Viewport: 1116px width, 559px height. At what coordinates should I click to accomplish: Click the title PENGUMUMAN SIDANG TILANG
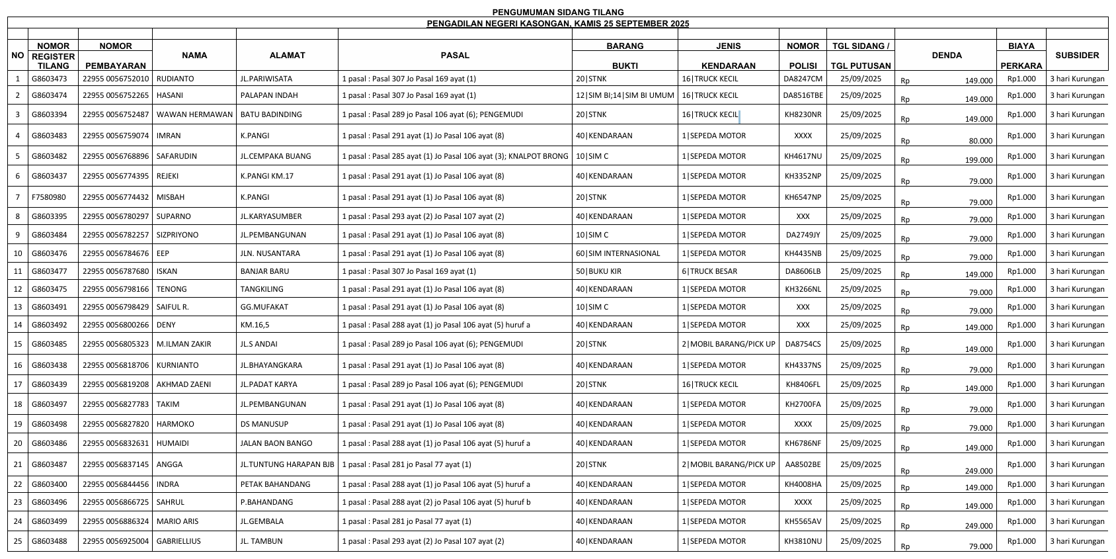click(557, 12)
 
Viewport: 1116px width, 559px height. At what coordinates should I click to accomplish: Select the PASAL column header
click(455, 56)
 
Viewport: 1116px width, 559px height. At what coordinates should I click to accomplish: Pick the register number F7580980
click(49, 197)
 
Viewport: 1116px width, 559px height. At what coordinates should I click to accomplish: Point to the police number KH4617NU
click(803, 156)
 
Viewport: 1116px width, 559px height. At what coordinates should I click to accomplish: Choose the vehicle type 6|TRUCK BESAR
click(709, 271)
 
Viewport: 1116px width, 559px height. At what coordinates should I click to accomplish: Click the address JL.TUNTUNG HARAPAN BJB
click(287, 464)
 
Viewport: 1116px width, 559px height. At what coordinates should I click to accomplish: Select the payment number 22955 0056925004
click(116, 541)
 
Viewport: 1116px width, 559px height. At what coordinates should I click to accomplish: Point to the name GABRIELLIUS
click(179, 541)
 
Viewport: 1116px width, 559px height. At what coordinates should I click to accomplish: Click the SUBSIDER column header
click(1077, 56)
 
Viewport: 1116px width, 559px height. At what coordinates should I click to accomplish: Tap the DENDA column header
click(946, 56)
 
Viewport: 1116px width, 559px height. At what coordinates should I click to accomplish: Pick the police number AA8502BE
click(803, 464)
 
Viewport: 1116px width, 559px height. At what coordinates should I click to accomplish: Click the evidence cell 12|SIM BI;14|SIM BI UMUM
click(625, 95)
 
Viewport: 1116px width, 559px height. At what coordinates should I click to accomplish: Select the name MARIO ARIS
click(177, 521)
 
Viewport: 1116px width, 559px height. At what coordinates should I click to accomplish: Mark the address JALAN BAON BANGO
click(276, 443)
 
